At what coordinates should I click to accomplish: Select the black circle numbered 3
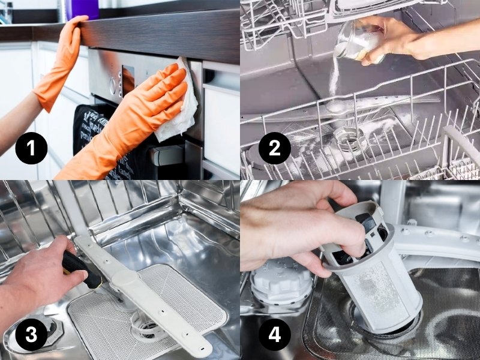[28, 334]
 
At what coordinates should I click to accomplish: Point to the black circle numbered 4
[274, 334]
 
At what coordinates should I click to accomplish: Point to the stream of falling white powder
[334, 78]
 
